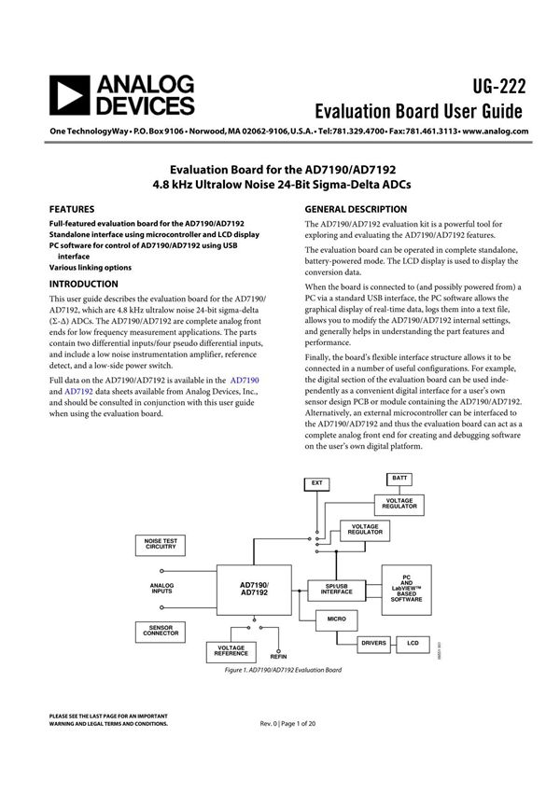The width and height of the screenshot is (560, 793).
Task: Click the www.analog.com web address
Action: click(x=496, y=132)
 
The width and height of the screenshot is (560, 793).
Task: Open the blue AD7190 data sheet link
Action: click(x=245, y=381)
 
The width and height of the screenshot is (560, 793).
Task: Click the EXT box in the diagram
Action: click(x=316, y=482)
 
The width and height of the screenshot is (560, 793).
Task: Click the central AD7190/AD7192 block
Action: click(x=254, y=589)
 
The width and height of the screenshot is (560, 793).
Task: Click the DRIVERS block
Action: click(x=373, y=643)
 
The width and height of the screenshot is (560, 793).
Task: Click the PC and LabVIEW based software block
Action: click(x=406, y=589)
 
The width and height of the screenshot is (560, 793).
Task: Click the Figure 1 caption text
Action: click(x=283, y=671)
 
